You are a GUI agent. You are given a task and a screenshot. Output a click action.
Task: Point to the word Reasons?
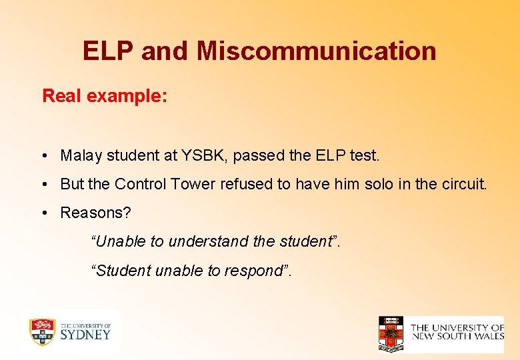pos(95,213)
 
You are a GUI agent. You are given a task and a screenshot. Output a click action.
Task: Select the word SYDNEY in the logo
pos(85,334)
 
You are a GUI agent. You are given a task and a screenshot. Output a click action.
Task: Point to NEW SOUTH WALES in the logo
pos(457,336)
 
